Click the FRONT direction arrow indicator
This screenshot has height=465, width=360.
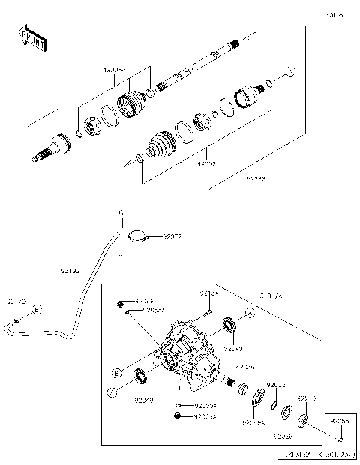point(31,38)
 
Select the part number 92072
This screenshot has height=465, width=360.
point(172,236)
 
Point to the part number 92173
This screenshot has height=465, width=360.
point(16,301)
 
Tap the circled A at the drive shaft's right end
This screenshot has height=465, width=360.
point(292,71)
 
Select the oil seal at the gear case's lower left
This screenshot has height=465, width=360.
point(140,376)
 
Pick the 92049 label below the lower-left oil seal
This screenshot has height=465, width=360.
point(145,400)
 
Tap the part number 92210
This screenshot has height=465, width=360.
point(307,398)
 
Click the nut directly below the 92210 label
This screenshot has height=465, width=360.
point(305,418)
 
